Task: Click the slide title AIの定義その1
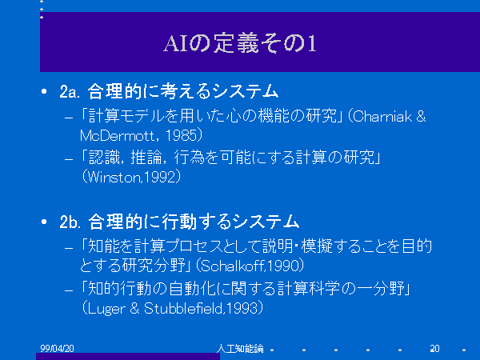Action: point(240,43)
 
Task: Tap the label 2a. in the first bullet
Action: point(70,91)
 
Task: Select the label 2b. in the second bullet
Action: point(70,222)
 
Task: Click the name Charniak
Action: point(382,116)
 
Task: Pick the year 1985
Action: point(181,136)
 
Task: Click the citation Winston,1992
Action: point(132,178)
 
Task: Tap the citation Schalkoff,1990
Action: point(250,266)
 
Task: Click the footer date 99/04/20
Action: point(57,348)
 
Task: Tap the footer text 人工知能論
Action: point(240,348)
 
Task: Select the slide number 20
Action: point(434,348)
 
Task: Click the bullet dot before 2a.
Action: point(44,91)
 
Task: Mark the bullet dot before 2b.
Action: point(44,222)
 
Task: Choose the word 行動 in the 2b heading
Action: point(179,222)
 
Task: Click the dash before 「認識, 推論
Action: point(69,159)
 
